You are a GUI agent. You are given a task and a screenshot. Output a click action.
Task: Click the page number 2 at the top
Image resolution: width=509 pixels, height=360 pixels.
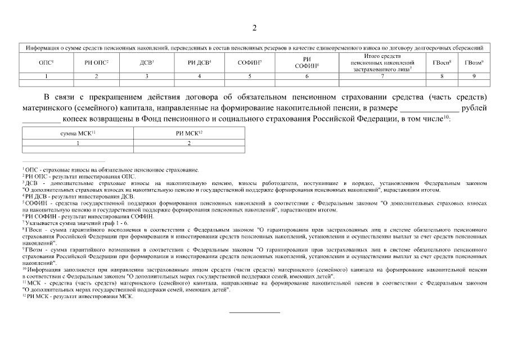click(254, 28)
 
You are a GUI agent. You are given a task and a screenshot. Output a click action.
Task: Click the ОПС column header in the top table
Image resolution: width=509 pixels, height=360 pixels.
click(46, 62)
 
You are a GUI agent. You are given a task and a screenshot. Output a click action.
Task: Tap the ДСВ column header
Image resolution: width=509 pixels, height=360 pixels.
click(147, 62)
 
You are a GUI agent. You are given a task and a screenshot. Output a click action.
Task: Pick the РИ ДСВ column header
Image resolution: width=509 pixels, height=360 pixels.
click(199, 62)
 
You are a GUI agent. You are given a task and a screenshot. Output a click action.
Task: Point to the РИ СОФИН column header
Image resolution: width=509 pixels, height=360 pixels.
click(307, 62)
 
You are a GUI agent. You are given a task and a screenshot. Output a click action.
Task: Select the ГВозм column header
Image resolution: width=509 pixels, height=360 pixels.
click(474, 62)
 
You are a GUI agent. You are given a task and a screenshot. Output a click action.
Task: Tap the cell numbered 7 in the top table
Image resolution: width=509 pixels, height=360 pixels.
click(382, 76)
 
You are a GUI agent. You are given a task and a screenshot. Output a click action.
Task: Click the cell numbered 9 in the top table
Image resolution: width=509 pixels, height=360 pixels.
click(474, 76)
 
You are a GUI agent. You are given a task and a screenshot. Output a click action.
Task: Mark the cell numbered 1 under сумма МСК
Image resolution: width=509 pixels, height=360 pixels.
click(78, 143)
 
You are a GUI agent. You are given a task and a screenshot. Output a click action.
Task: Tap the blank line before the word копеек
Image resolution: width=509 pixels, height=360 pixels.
click(40, 120)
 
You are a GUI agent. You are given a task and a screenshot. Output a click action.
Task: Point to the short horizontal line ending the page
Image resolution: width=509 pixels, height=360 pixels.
click(254, 312)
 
